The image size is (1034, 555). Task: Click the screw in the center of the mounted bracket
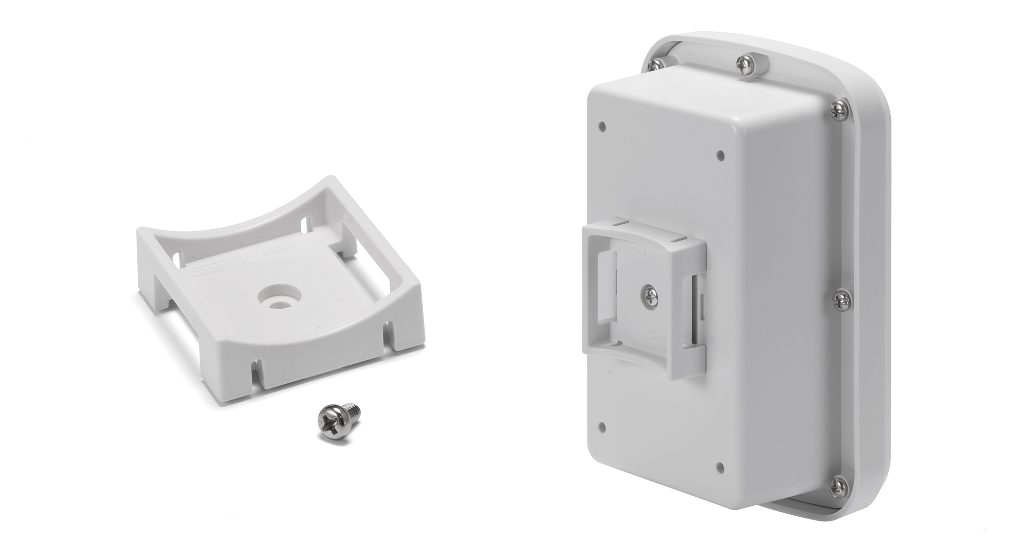click(x=650, y=295)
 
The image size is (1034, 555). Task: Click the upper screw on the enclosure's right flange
click(x=839, y=111)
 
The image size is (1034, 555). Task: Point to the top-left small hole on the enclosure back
click(x=602, y=126)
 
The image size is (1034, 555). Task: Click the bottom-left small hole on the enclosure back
click(x=602, y=426)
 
